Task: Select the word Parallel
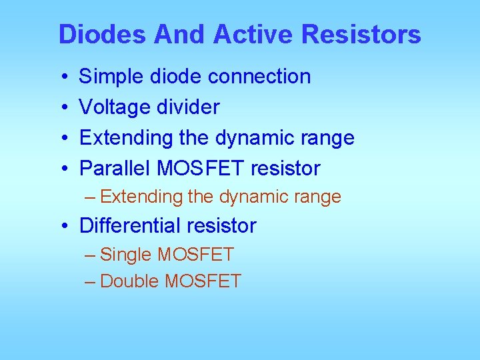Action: tap(115, 169)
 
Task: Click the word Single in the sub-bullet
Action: tap(125, 255)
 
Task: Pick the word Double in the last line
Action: tap(129, 281)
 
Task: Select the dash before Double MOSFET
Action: tap(91, 282)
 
